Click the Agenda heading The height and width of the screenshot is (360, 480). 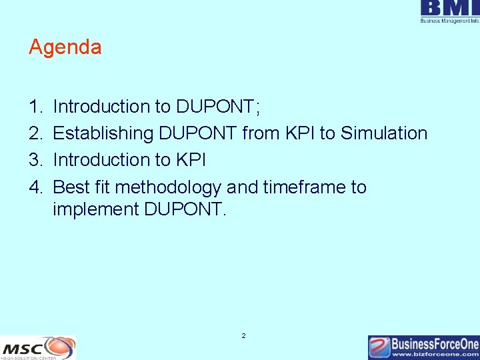pos(65,47)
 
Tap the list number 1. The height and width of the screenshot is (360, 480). pos(35,107)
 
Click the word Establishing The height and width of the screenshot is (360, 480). pos(103,133)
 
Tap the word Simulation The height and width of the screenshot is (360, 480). pos(384,133)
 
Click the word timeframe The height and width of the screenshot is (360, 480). pos(295,187)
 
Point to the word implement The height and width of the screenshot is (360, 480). pos(95,209)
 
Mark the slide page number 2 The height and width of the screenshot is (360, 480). pos(243,336)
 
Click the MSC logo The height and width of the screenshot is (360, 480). pos(38,347)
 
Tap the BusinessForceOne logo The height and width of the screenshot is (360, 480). pos(423,345)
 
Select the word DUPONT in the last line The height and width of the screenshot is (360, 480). pos(184,209)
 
